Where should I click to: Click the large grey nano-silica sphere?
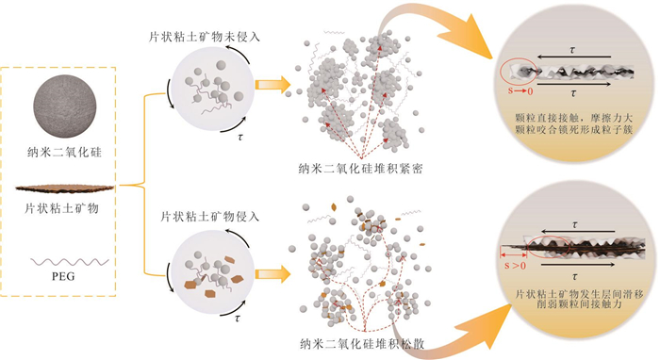point(65,106)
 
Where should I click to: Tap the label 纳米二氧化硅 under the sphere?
point(65,152)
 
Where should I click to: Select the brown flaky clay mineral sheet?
point(65,188)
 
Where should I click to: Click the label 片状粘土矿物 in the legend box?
point(61,208)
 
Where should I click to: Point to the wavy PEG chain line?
point(70,262)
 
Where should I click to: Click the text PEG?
point(63,276)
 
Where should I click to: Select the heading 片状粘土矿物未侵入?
point(205,37)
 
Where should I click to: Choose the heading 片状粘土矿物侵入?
point(209,217)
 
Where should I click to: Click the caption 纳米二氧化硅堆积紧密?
point(360,169)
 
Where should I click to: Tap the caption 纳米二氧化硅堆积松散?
point(362,344)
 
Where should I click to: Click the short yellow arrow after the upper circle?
point(272,85)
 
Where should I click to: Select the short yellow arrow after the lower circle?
point(272,274)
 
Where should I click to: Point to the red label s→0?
point(520,90)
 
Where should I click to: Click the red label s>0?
point(515,266)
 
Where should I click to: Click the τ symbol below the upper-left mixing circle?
point(240,137)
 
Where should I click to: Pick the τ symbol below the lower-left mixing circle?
point(239,319)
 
